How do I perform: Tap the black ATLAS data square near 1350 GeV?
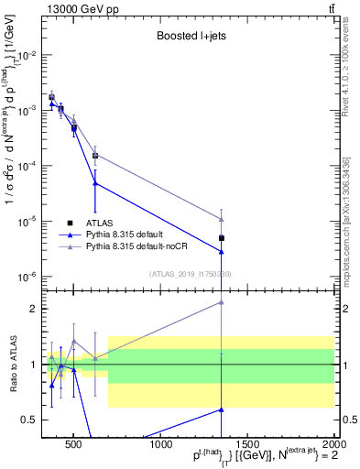coord(222,238)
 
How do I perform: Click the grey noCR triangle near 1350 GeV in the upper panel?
coord(222,219)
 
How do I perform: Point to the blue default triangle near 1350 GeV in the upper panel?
coord(222,252)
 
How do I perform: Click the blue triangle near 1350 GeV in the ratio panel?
coord(222,409)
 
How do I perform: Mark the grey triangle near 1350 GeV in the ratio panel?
coord(222,302)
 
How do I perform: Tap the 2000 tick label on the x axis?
coord(333,446)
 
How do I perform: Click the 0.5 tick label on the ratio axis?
coord(27,420)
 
